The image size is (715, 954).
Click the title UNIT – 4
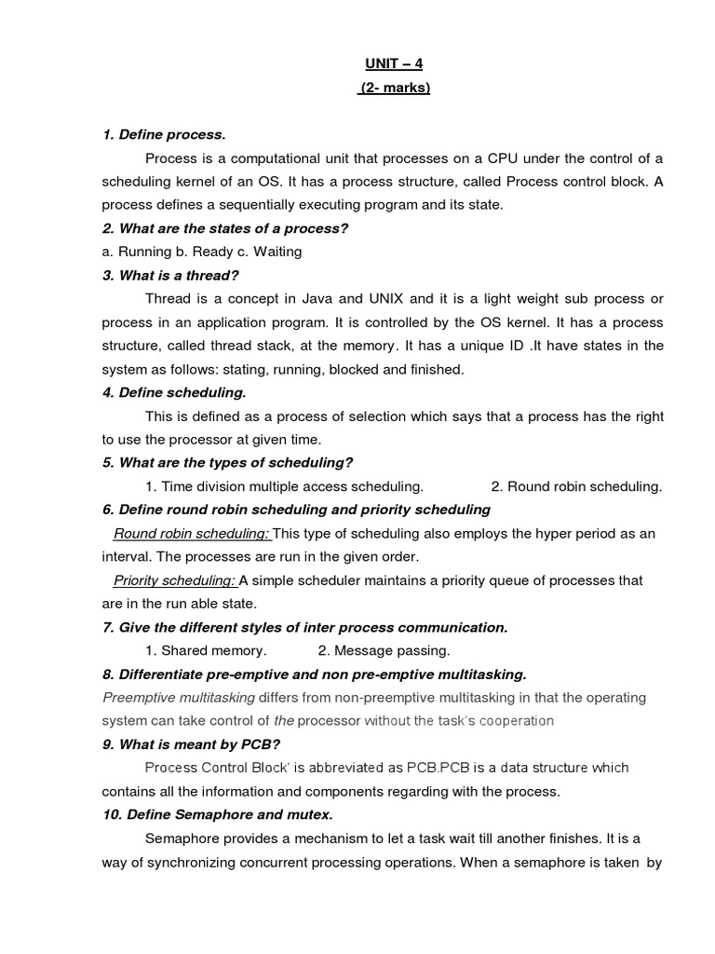point(394,64)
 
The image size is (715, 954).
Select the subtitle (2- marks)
point(394,89)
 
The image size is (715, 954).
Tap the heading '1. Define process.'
point(164,135)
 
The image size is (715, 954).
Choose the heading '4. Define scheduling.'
point(174,392)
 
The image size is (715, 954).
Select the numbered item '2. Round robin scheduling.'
point(576,486)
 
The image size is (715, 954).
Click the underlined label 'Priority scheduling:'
point(174,580)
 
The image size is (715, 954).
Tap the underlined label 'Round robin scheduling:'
point(192,533)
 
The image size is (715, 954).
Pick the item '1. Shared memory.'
point(206,650)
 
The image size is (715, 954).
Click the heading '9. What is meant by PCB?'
point(191,744)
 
